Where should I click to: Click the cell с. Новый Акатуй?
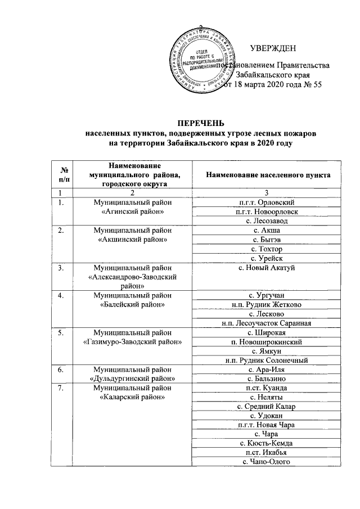coord(267,268)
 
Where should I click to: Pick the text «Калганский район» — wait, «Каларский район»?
coord(133,398)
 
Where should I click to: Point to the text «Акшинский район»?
coord(133,240)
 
